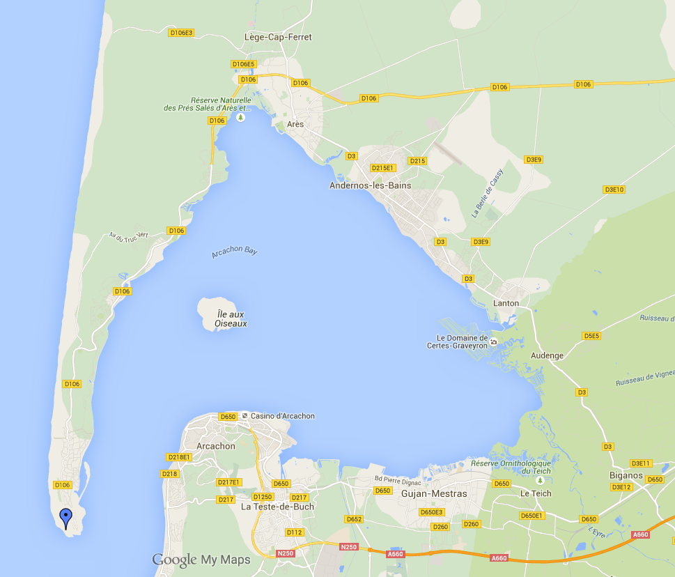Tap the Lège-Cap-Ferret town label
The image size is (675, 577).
[x=279, y=37]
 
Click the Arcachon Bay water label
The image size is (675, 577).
[x=235, y=251]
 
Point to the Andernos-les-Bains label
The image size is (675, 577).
[x=370, y=185]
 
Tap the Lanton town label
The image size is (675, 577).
[x=506, y=303]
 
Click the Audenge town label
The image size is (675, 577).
[x=547, y=355]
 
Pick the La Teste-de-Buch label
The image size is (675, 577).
[x=277, y=507]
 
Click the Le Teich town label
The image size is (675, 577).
[x=536, y=493]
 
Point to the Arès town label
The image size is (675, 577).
[x=295, y=124]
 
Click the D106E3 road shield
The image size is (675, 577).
[x=181, y=32]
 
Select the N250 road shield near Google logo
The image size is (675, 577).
[x=286, y=553]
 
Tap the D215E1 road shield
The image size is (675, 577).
[x=383, y=168]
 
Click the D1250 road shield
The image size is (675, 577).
[x=263, y=497]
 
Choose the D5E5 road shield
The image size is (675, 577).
[x=591, y=336]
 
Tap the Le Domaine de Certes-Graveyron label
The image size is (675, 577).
[x=463, y=342]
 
